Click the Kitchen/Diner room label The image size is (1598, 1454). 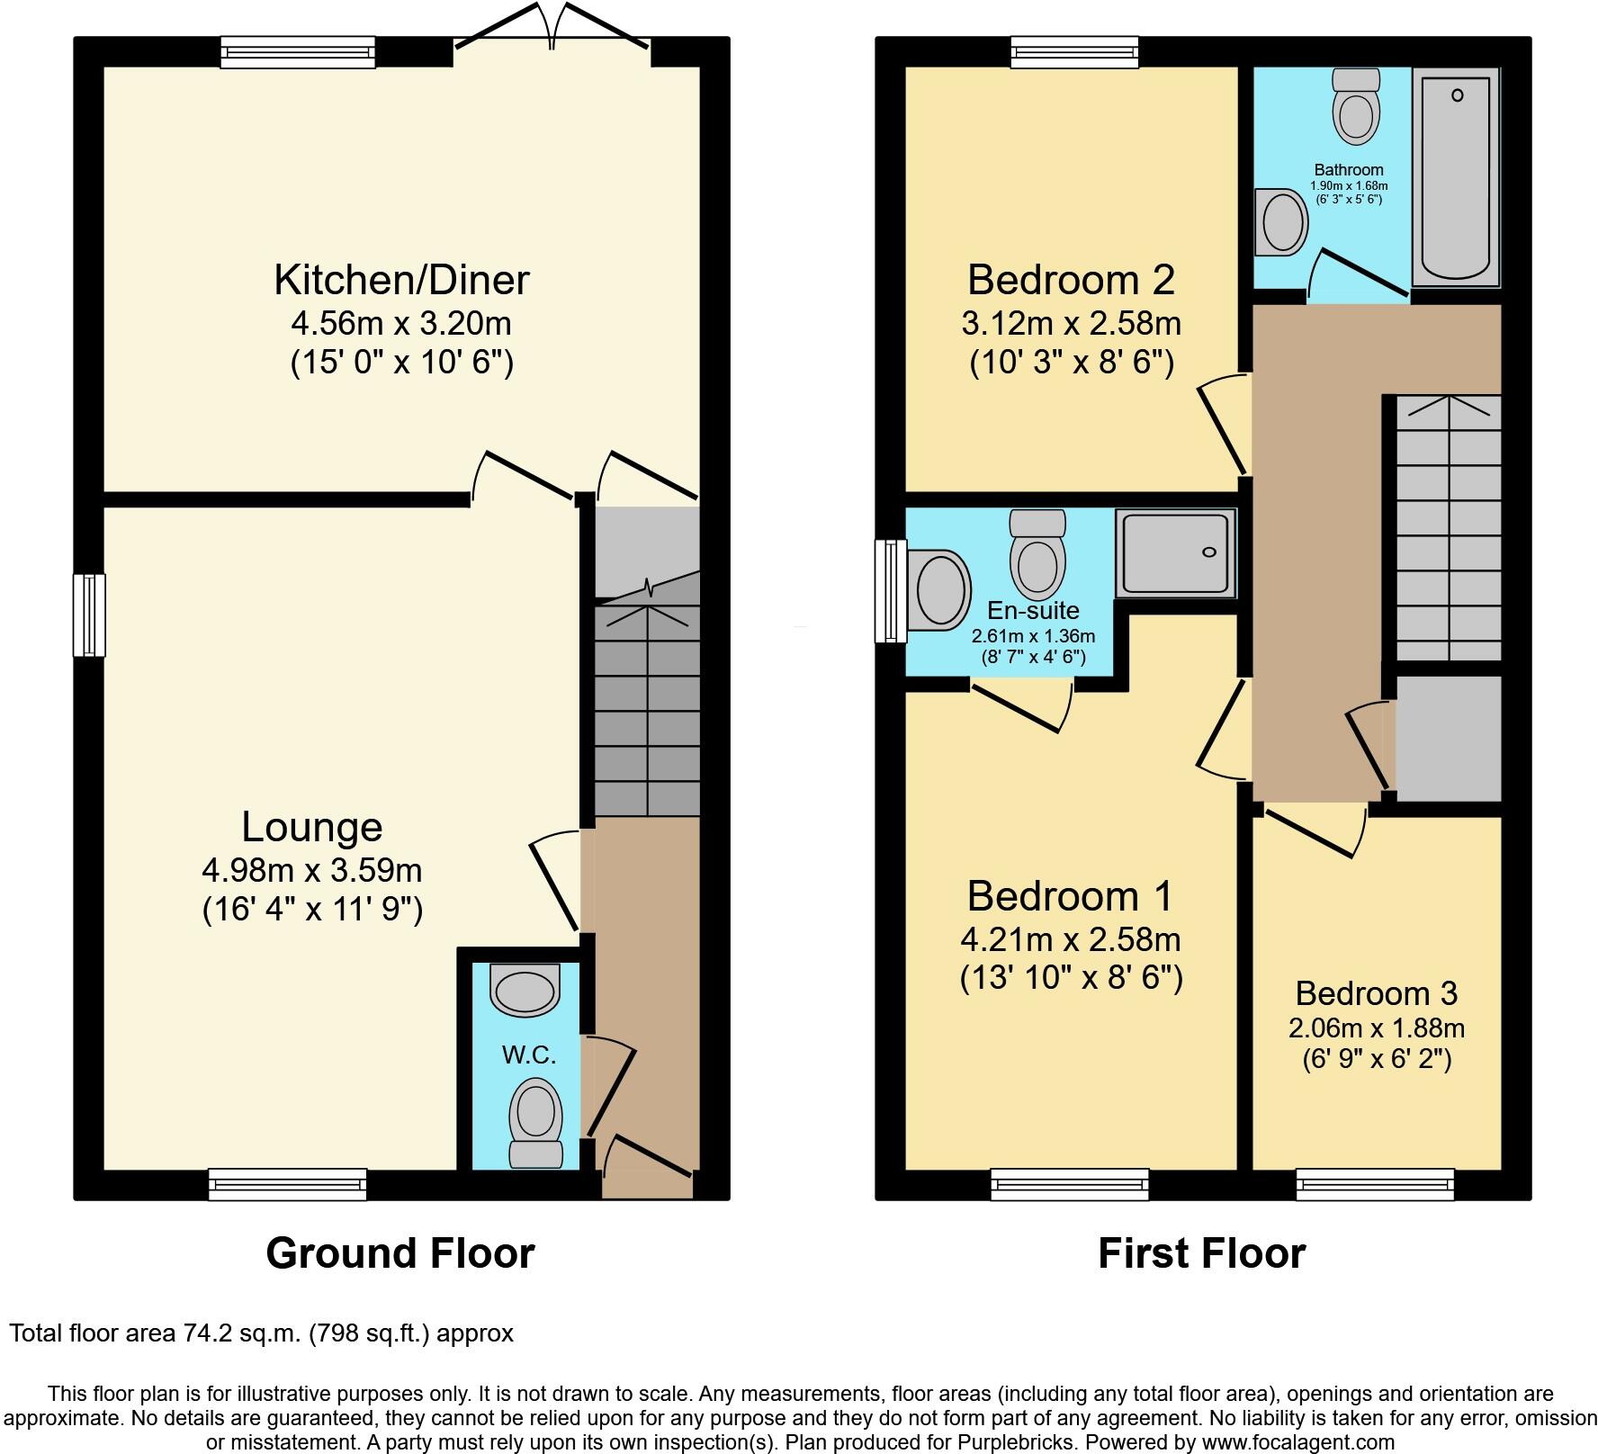[x=401, y=280]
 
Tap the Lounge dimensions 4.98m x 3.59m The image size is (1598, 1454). [x=312, y=870]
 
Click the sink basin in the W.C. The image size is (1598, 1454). [x=525, y=989]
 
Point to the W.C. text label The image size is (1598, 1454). [x=528, y=1055]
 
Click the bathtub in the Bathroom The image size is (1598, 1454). [x=1455, y=177]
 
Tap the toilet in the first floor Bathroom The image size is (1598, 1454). [x=1357, y=107]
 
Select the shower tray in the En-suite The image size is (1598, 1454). [x=1174, y=553]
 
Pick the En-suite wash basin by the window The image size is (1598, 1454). [x=939, y=591]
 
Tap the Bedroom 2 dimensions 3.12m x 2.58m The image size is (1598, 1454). [x=1071, y=322]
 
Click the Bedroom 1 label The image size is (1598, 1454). [x=1070, y=896]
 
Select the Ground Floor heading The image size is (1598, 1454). [x=400, y=1252]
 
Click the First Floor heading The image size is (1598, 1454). [x=1201, y=1252]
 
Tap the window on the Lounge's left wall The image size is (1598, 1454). [x=89, y=615]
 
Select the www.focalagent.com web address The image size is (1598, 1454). [x=1295, y=1442]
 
